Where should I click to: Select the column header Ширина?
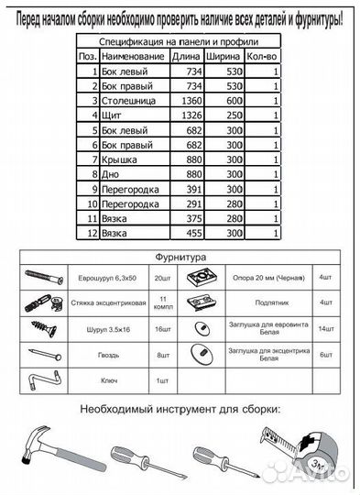(224, 57)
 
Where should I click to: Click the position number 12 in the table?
(88, 234)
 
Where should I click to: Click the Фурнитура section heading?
(180, 258)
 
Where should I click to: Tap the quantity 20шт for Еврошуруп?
(163, 276)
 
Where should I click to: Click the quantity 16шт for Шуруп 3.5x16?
(163, 327)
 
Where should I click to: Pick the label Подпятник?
(256, 301)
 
